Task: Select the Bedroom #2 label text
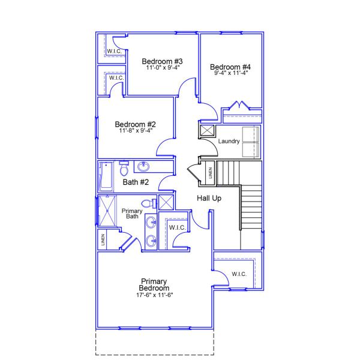pos(136,124)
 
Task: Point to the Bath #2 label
pos(136,182)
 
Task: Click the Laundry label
pos(229,142)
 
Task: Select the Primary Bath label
pos(132,214)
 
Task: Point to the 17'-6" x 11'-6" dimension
pos(154,295)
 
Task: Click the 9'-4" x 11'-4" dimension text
pos(231,73)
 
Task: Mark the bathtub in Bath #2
pos(106,175)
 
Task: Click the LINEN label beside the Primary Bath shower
pos(104,239)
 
